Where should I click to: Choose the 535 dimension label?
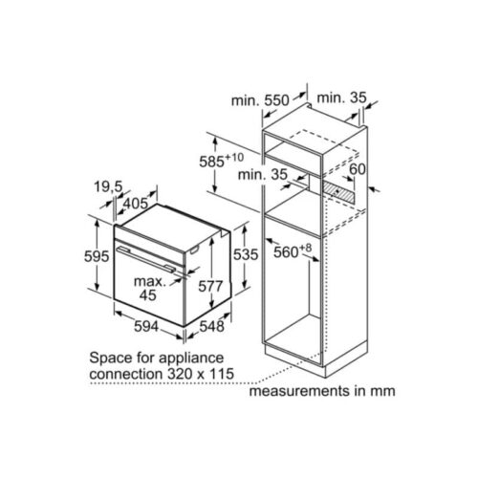pyautogui.click(x=247, y=256)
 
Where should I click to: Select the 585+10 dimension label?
pyautogui.click(x=229, y=162)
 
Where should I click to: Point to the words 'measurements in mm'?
pyautogui.click(x=322, y=392)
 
